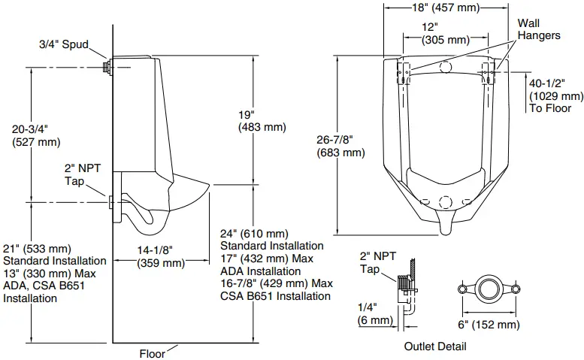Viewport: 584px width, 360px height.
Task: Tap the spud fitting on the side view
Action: (x=107, y=67)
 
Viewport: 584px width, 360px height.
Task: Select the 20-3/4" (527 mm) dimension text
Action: (x=37, y=135)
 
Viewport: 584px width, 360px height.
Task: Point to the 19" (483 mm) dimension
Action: (x=262, y=121)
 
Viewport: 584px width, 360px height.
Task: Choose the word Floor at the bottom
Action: (x=153, y=353)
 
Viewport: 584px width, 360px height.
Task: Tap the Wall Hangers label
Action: (x=539, y=29)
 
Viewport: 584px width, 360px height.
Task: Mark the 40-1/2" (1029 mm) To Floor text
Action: (x=555, y=96)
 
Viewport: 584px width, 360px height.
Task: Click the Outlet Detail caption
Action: (x=434, y=346)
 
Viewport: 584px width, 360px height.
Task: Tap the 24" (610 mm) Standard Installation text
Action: (x=271, y=240)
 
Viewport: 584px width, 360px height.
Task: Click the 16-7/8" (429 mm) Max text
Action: (x=276, y=283)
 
